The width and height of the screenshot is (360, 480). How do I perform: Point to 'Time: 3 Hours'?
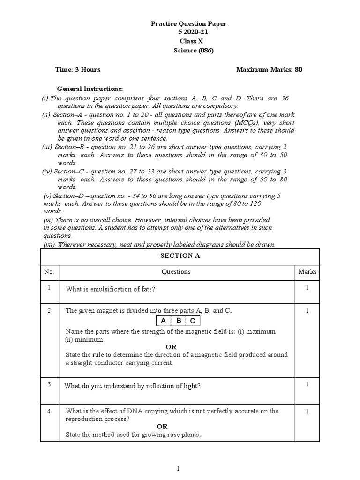[x=77, y=70]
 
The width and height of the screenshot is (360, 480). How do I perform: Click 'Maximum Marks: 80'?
[x=269, y=70]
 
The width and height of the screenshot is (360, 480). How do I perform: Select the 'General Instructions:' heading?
[x=90, y=89]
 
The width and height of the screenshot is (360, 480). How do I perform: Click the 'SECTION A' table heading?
[x=176, y=256]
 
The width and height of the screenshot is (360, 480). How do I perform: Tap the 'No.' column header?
[x=49, y=272]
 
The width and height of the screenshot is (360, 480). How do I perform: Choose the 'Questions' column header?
[x=176, y=272]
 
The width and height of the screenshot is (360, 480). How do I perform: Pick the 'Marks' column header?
[x=307, y=272]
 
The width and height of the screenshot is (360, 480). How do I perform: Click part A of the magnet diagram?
[x=163, y=321]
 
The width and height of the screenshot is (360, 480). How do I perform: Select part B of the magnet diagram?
[x=179, y=321]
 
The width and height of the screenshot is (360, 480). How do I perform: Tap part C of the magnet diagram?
[x=193, y=321]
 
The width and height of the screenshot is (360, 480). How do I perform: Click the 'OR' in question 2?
[x=171, y=347]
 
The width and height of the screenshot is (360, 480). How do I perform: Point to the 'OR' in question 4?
[x=162, y=427]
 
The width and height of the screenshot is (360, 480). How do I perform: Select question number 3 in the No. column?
[x=49, y=384]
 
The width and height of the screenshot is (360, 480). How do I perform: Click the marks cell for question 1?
[x=307, y=288]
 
